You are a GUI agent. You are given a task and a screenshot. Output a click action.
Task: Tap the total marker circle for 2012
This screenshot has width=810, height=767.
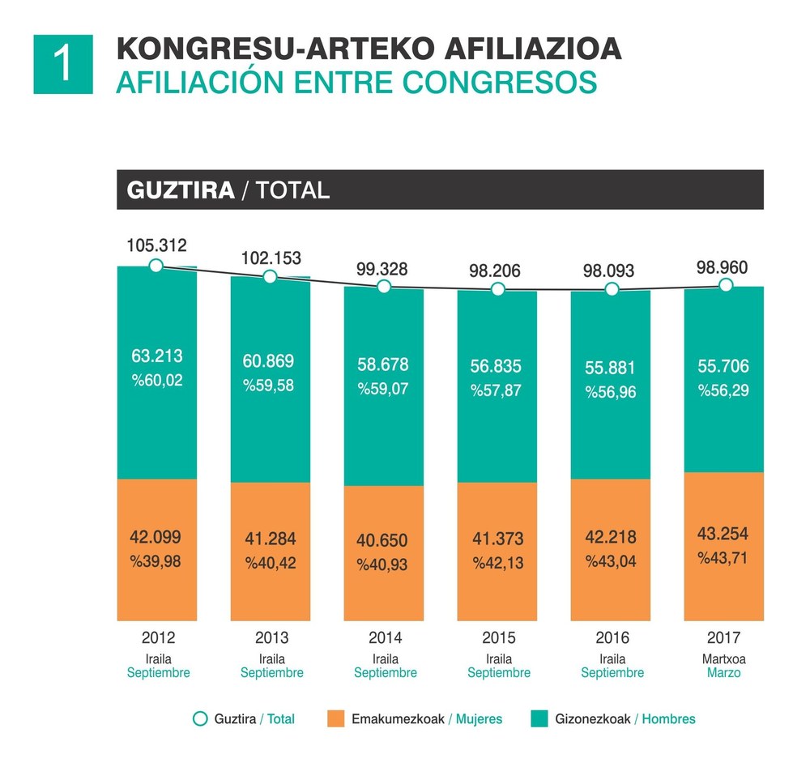pos(156,265)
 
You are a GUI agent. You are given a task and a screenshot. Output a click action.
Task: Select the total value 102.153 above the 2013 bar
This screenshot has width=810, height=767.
pos(271,258)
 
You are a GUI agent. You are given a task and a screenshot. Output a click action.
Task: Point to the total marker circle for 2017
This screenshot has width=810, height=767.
pos(726,285)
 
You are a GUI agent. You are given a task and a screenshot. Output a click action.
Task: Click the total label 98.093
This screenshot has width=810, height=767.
pos(611,271)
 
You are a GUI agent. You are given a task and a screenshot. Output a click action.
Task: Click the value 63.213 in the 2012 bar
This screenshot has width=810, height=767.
pos(156,356)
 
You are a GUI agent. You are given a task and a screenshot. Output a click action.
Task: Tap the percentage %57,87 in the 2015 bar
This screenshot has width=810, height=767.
pos(497,390)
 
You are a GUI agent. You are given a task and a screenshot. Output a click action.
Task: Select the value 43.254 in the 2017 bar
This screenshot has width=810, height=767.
pos(723,533)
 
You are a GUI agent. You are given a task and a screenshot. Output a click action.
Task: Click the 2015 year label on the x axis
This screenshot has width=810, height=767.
pos(498,637)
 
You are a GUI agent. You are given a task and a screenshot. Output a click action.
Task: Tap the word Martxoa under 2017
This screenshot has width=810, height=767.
pos(724,658)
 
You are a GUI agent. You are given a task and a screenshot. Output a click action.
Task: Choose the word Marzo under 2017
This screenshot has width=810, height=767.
pos(724,673)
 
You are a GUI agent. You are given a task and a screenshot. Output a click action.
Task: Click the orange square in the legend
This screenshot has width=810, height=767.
pos(335,718)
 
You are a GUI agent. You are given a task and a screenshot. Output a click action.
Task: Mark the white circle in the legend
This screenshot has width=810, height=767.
pos(199,718)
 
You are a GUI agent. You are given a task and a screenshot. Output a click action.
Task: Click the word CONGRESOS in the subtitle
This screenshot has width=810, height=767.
pos(513,83)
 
